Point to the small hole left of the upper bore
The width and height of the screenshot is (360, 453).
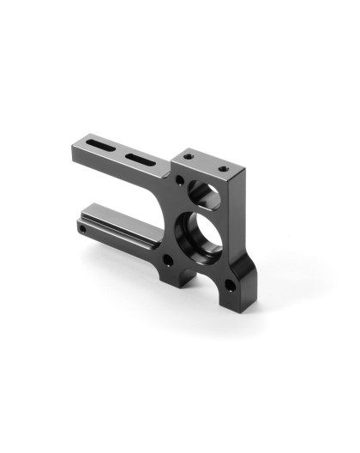point(179,184)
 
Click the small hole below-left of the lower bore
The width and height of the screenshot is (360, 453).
point(168,260)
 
